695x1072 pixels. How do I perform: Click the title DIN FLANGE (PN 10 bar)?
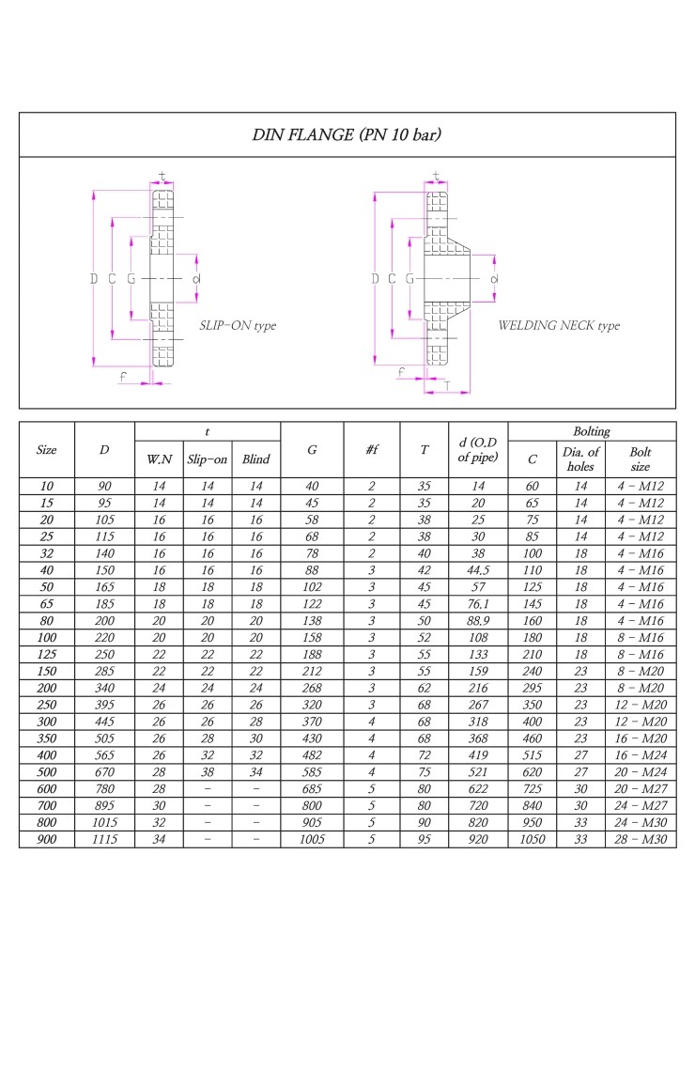click(x=347, y=134)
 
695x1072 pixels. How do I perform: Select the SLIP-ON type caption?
click(x=238, y=326)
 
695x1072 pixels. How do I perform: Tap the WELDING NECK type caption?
click(x=559, y=326)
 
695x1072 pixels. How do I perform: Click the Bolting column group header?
click(x=592, y=432)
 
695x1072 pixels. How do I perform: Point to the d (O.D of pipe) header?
click(x=478, y=450)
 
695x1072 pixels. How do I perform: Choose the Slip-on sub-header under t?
click(x=208, y=459)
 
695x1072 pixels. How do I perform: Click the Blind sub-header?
click(x=255, y=459)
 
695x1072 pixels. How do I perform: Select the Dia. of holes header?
click(x=581, y=459)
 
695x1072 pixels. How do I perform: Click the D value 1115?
click(x=104, y=839)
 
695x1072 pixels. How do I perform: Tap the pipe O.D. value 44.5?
click(x=478, y=568)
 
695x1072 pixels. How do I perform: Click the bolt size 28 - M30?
click(x=641, y=839)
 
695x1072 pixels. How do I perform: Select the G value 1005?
click(x=312, y=839)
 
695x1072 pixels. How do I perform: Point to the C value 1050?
click(x=533, y=839)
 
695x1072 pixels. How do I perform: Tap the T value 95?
click(x=425, y=839)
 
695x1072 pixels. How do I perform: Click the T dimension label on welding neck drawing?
click(x=446, y=385)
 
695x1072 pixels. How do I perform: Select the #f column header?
click(x=372, y=450)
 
